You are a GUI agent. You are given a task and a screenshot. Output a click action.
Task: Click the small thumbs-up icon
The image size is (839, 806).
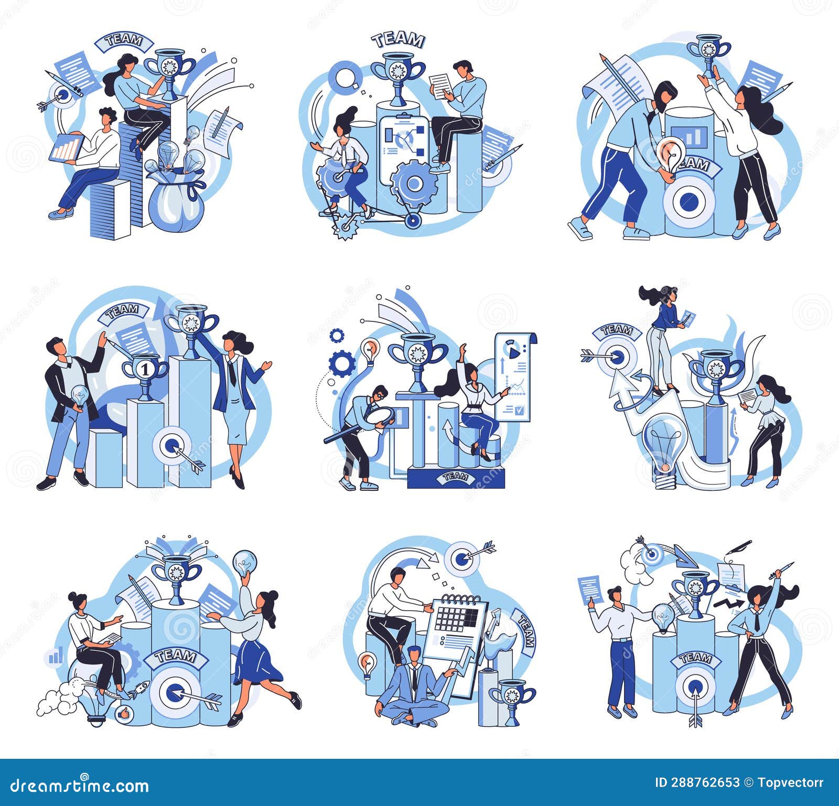click(124, 714)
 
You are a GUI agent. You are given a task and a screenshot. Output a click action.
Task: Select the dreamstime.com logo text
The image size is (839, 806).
click(80, 785)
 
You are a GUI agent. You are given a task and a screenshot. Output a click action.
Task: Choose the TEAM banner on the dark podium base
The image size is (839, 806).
click(455, 476)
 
